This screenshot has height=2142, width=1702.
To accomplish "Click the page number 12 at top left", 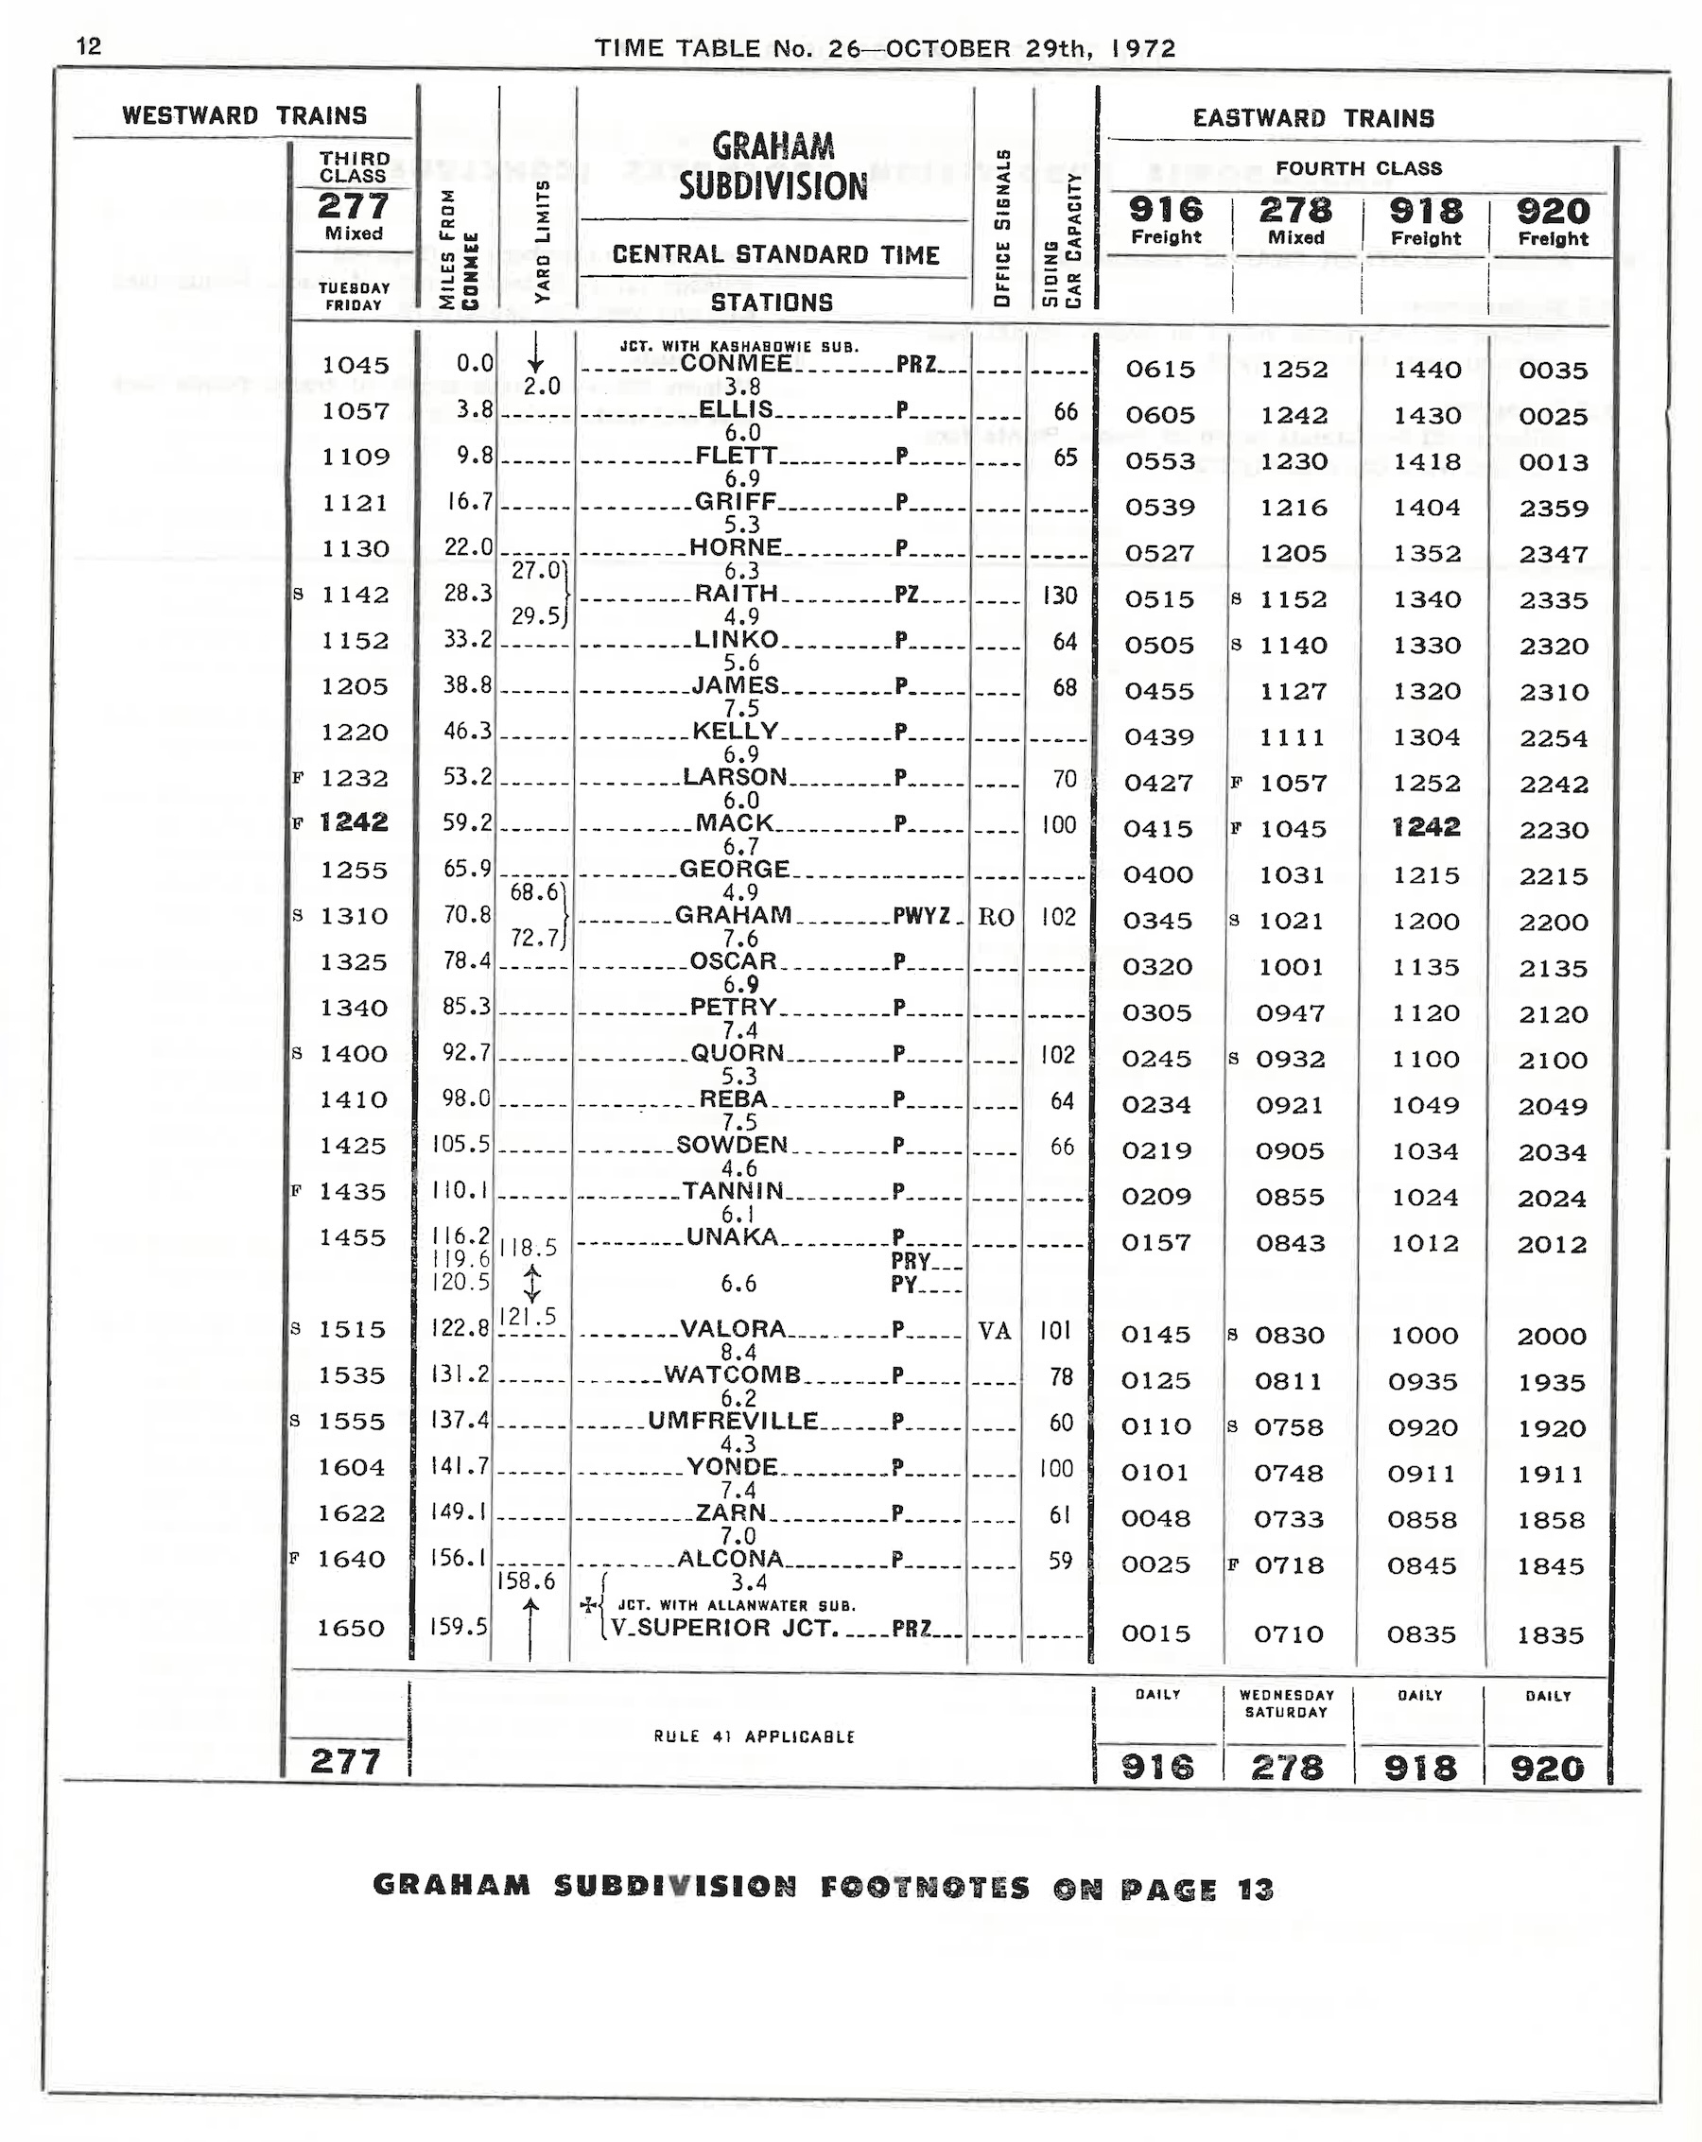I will coord(89,46).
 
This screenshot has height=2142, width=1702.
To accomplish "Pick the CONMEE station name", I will coord(737,364).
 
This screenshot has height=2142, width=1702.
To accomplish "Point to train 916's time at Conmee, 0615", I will coord(1159,370).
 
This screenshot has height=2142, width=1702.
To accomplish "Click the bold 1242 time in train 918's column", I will coord(1425,828).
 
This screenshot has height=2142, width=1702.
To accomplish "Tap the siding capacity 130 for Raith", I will coord(1059,596).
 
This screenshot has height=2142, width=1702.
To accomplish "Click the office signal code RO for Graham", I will coord(996,917).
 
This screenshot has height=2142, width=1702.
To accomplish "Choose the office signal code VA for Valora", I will coord(995,1330).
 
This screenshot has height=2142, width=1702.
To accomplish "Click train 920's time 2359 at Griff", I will coord(1553,509).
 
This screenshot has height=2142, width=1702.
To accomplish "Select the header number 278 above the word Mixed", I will coord(1295,211).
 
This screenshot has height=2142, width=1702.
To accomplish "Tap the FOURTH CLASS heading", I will coord(1358,169).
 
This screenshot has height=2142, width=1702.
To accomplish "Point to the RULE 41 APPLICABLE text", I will coord(755,1736).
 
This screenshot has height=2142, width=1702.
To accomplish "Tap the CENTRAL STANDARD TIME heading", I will coord(775,255).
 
